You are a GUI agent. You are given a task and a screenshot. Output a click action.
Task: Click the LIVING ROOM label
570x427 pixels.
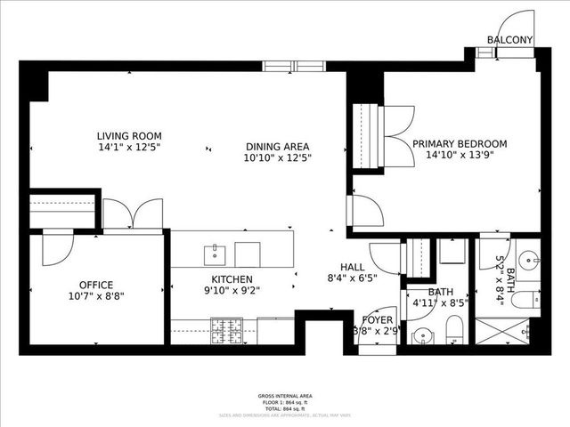[x=129, y=136]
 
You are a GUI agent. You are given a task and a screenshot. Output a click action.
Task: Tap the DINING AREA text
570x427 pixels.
[x=277, y=147]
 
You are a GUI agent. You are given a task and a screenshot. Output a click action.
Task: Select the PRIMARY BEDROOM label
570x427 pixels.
[x=459, y=143]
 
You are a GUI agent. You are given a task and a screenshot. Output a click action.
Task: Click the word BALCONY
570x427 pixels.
[x=509, y=40]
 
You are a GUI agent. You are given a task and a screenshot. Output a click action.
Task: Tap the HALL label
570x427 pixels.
[x=353, y=266]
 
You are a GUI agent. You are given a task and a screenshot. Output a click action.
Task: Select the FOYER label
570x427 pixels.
[x=376, y=320]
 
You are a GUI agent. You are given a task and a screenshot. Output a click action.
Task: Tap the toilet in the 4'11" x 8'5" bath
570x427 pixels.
[x=454, y=332]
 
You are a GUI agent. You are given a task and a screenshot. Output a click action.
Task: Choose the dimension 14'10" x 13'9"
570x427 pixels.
[x=459, y=155]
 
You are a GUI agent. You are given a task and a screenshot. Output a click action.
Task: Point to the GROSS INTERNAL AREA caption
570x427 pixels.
[x=285, y=395]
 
